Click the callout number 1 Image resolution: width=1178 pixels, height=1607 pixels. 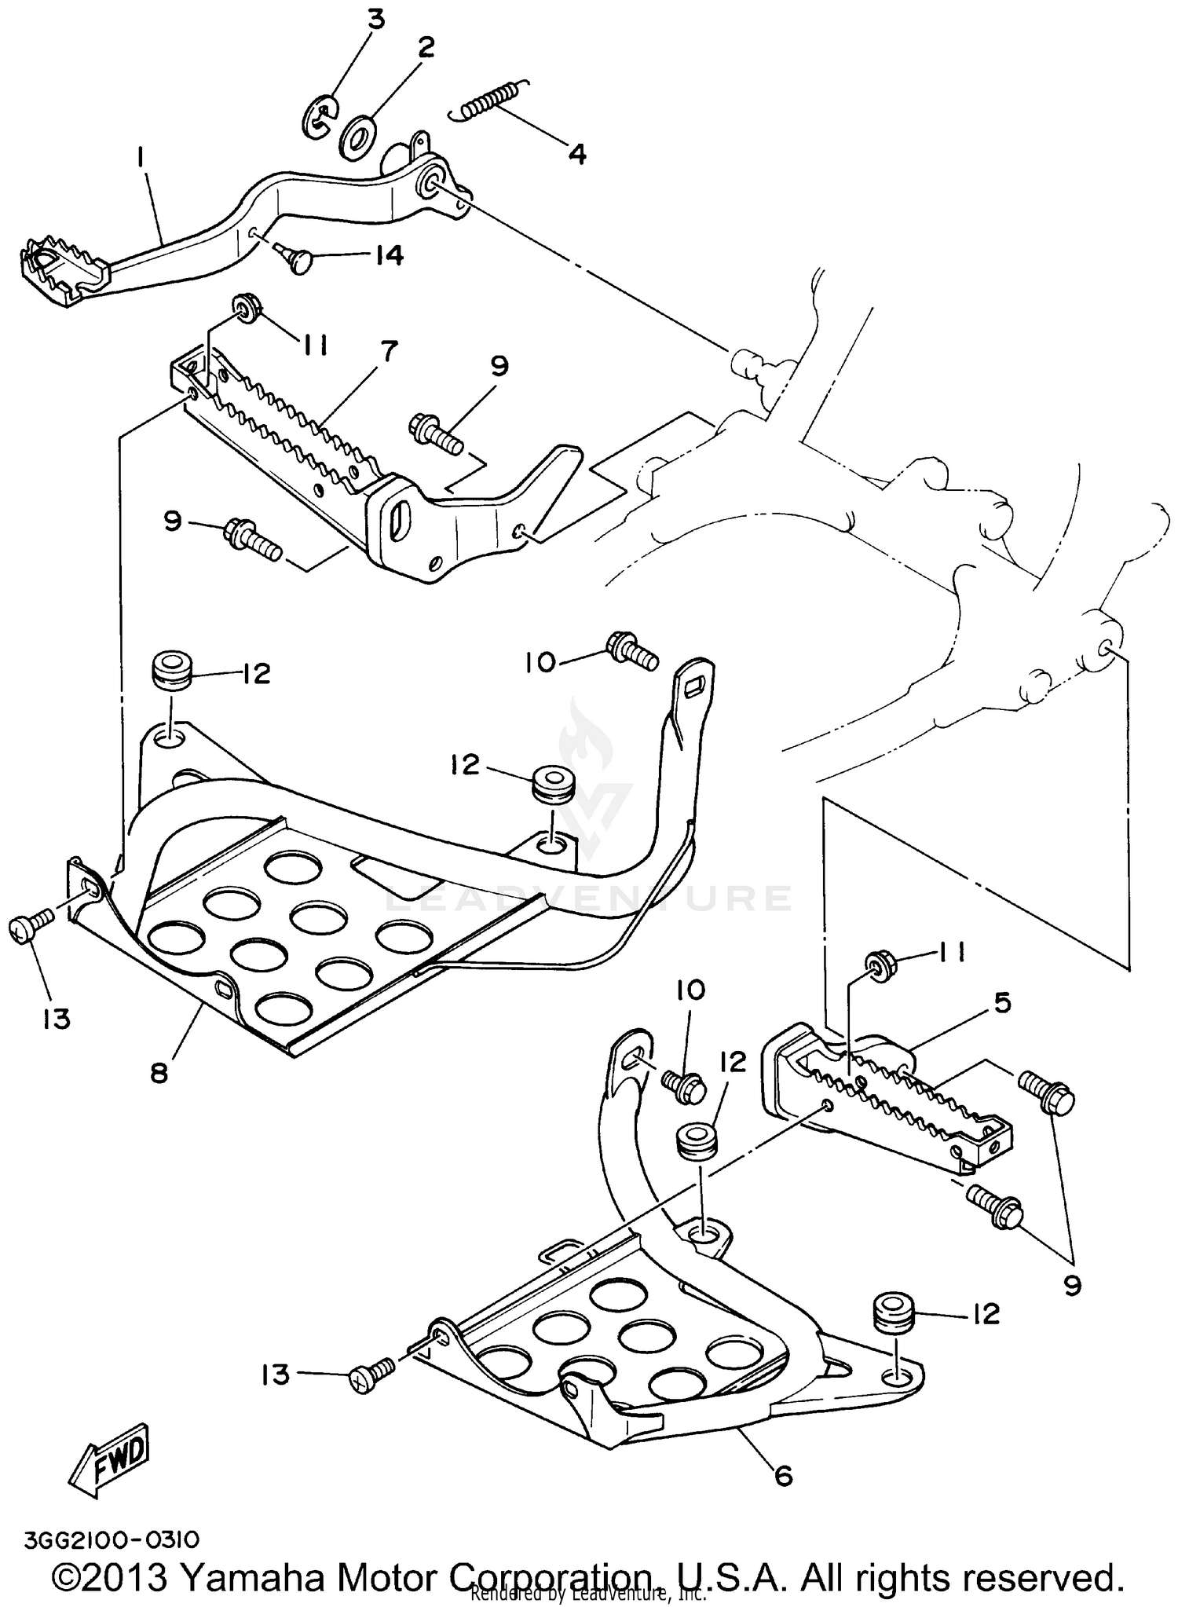click(x=140, y=158)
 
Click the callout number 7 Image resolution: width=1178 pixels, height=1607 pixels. click(x=389, y=350)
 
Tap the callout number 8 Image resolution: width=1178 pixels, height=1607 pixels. click(x=159, y=1073)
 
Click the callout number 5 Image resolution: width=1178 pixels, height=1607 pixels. click(x=1002, y=1002)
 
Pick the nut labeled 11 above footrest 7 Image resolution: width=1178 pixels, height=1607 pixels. click(x=247, y=308)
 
